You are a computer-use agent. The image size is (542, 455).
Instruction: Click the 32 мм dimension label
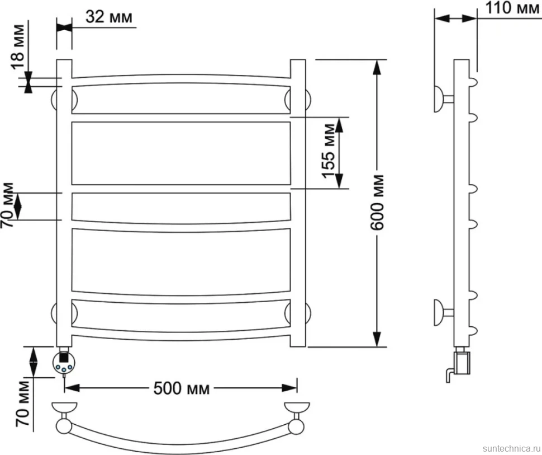[x=109, y=16]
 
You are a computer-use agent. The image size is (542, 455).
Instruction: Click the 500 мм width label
[x=182, y=388]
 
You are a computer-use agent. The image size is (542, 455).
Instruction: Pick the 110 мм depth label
[x=512, y=8]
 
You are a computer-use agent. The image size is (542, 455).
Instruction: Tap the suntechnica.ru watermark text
[x=512, y=448]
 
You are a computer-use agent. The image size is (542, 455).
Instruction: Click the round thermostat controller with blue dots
[x=63, y=363]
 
